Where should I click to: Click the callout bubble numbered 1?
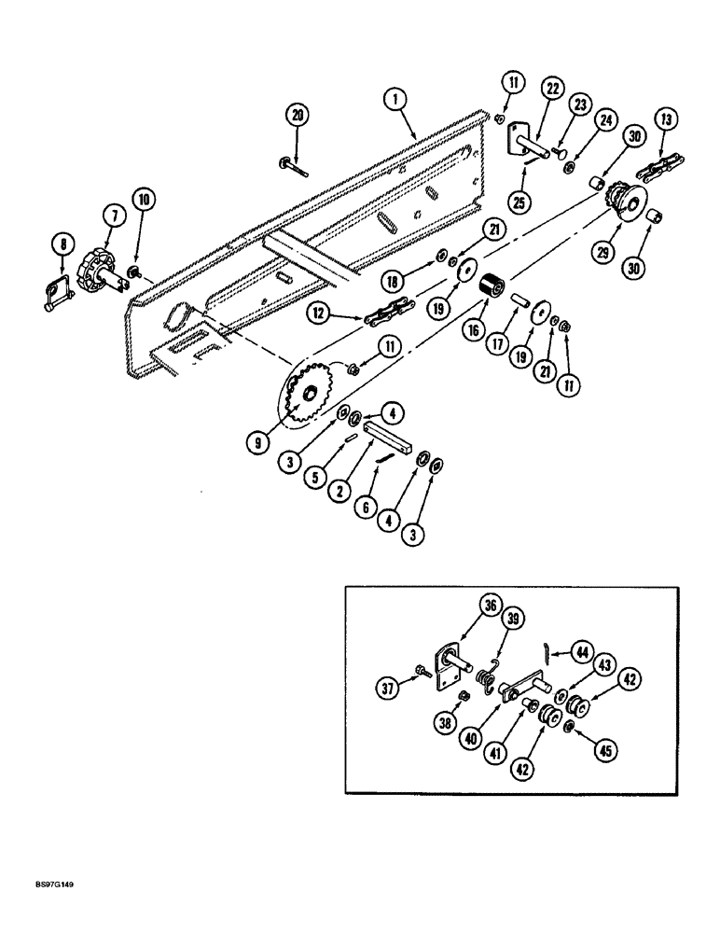pos(395,97)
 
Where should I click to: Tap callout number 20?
pos(298,115)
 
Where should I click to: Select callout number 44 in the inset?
pos(583,651)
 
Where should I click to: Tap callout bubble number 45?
pos(609,747)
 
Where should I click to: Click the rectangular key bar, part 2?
pos(388,437)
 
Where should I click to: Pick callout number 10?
pos(145,198)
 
